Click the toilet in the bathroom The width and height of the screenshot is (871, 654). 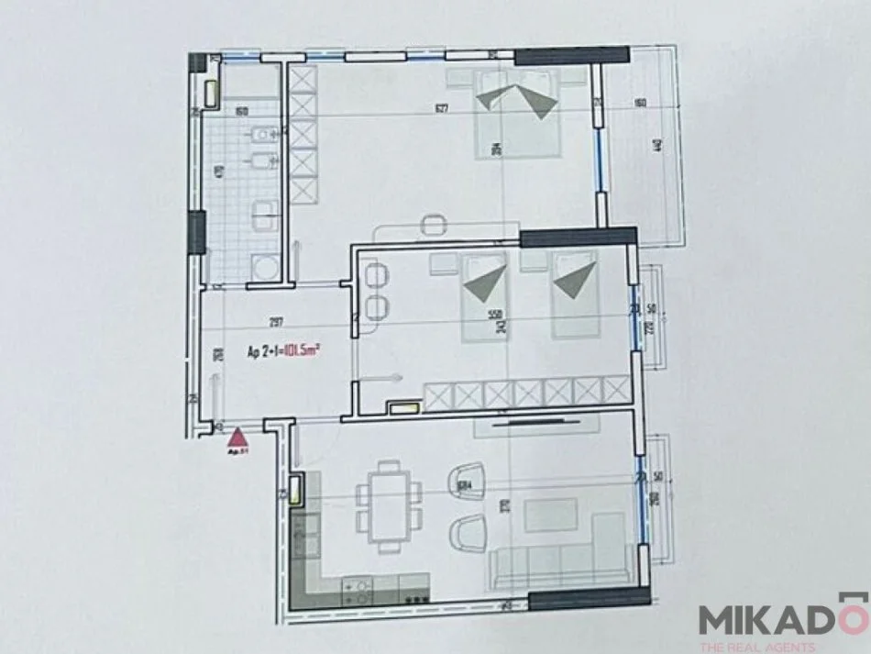coord(263,137)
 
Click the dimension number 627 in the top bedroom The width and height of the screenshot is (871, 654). coord(442,109)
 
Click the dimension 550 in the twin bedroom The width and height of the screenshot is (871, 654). coord(497,314)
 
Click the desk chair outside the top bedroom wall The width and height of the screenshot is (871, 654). coord(433,223)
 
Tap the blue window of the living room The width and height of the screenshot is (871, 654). coord(639,503)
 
